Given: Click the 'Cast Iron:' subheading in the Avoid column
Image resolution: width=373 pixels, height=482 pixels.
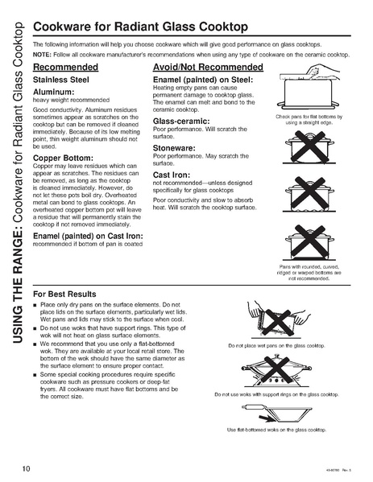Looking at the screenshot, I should pyautogui.click(x=172, y=175).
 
